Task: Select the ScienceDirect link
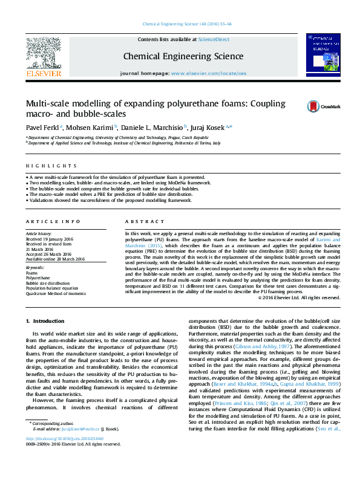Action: coord(214,39)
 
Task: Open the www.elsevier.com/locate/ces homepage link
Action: coord(209,73)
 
